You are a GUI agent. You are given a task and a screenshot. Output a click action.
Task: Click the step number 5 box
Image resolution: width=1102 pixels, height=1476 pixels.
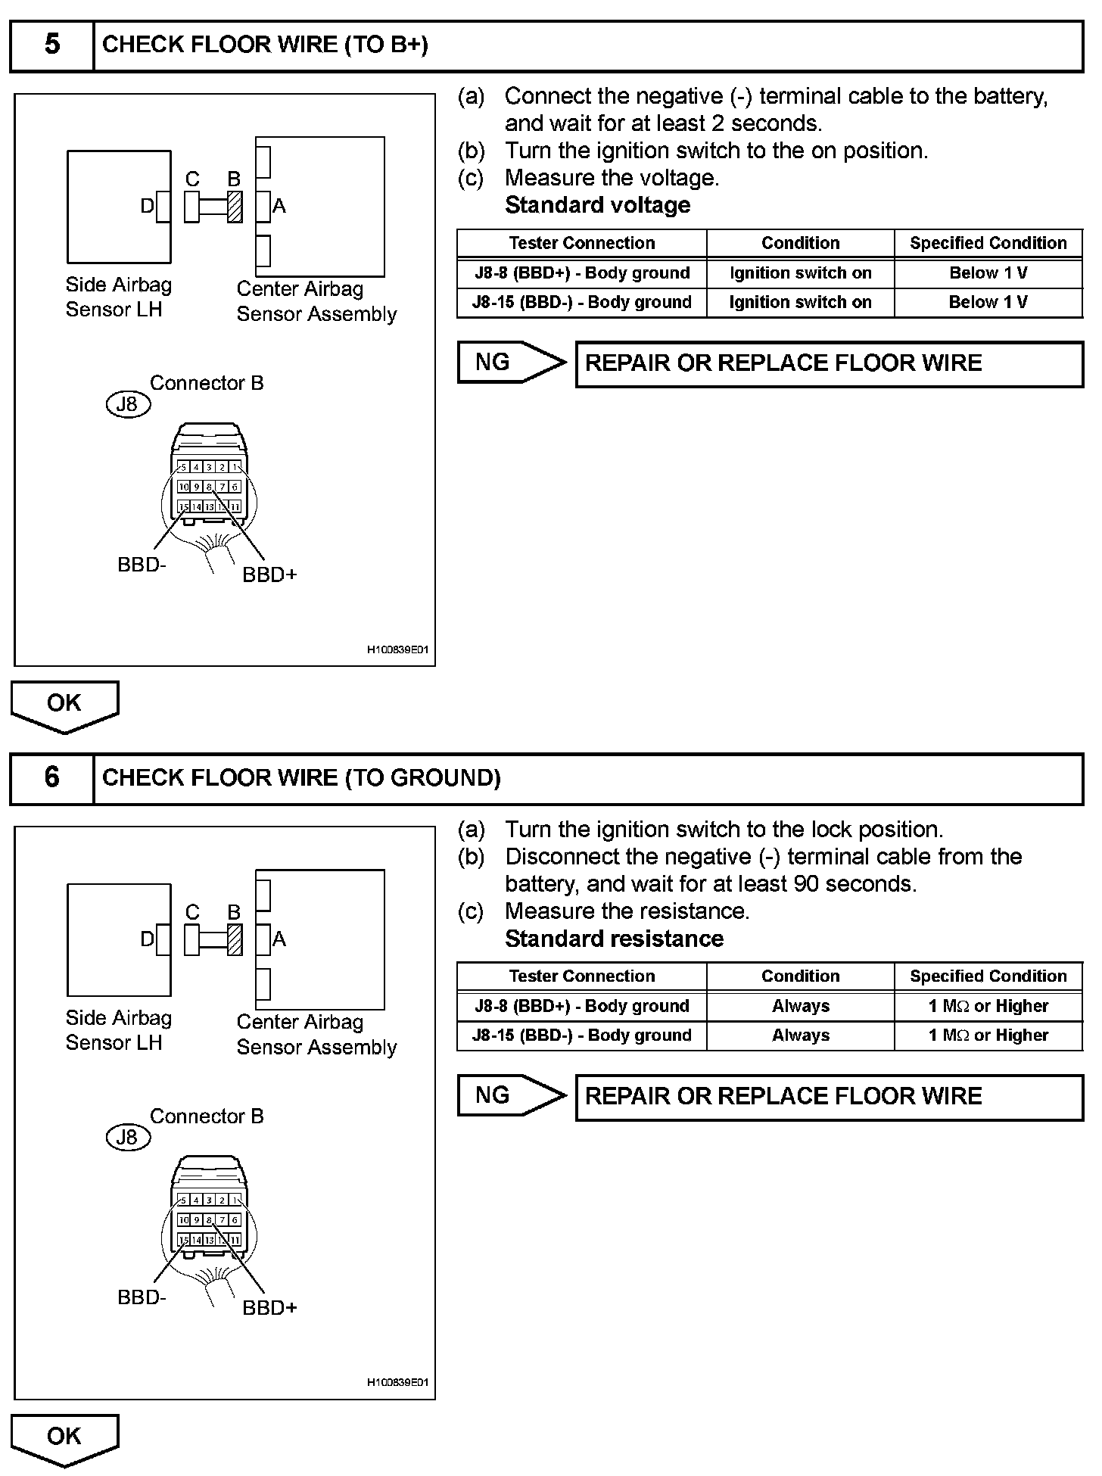pos(51,45)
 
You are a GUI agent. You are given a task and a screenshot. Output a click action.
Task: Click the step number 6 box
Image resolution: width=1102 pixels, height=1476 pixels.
pos(51,777)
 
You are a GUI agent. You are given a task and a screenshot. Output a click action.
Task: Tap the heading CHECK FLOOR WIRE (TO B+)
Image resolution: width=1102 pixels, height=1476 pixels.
pos(265,45)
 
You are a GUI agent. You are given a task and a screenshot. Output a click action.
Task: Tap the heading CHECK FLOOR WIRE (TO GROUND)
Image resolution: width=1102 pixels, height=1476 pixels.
pos(301,778)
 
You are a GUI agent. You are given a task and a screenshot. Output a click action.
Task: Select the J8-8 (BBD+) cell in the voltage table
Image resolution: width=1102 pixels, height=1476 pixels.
pos(581,273)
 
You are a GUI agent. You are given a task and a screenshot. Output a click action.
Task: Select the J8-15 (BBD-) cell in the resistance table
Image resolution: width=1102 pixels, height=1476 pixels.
pos(581,1035)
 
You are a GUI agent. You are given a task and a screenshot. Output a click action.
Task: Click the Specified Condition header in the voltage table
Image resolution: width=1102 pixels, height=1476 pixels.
pos(988,243)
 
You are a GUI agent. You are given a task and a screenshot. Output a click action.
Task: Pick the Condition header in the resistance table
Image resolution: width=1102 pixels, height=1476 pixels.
pos(800,976)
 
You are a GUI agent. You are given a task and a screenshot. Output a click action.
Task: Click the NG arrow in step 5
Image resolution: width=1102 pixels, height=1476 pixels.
pos(510,363)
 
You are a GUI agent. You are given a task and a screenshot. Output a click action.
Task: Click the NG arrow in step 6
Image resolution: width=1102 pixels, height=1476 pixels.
pos(510,1095)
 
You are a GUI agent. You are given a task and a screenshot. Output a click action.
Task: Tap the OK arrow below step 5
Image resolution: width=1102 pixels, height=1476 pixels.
pos(64,705)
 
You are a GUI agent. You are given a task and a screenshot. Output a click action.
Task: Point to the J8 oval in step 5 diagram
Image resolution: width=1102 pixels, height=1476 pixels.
pos(128,404)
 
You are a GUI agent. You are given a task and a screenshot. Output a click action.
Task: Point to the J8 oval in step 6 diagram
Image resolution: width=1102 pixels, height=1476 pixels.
pos(128,1137)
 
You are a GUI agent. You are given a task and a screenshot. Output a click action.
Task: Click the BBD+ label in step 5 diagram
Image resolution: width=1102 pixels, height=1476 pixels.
pos(269,575)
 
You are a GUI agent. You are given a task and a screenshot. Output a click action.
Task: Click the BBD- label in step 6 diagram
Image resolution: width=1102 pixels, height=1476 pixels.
pos(142,1297)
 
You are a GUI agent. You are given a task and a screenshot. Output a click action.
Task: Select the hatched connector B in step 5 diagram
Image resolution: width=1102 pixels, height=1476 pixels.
pos(235,207)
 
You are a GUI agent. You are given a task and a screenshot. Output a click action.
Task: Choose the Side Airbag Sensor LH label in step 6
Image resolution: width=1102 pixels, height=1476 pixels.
pos(118,1030)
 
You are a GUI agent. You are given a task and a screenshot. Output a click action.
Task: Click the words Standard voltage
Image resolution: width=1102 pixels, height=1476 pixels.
pos(597,205)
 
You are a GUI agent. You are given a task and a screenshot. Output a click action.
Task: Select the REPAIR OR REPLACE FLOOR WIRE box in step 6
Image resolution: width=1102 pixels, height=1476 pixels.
pos(829,1097)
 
